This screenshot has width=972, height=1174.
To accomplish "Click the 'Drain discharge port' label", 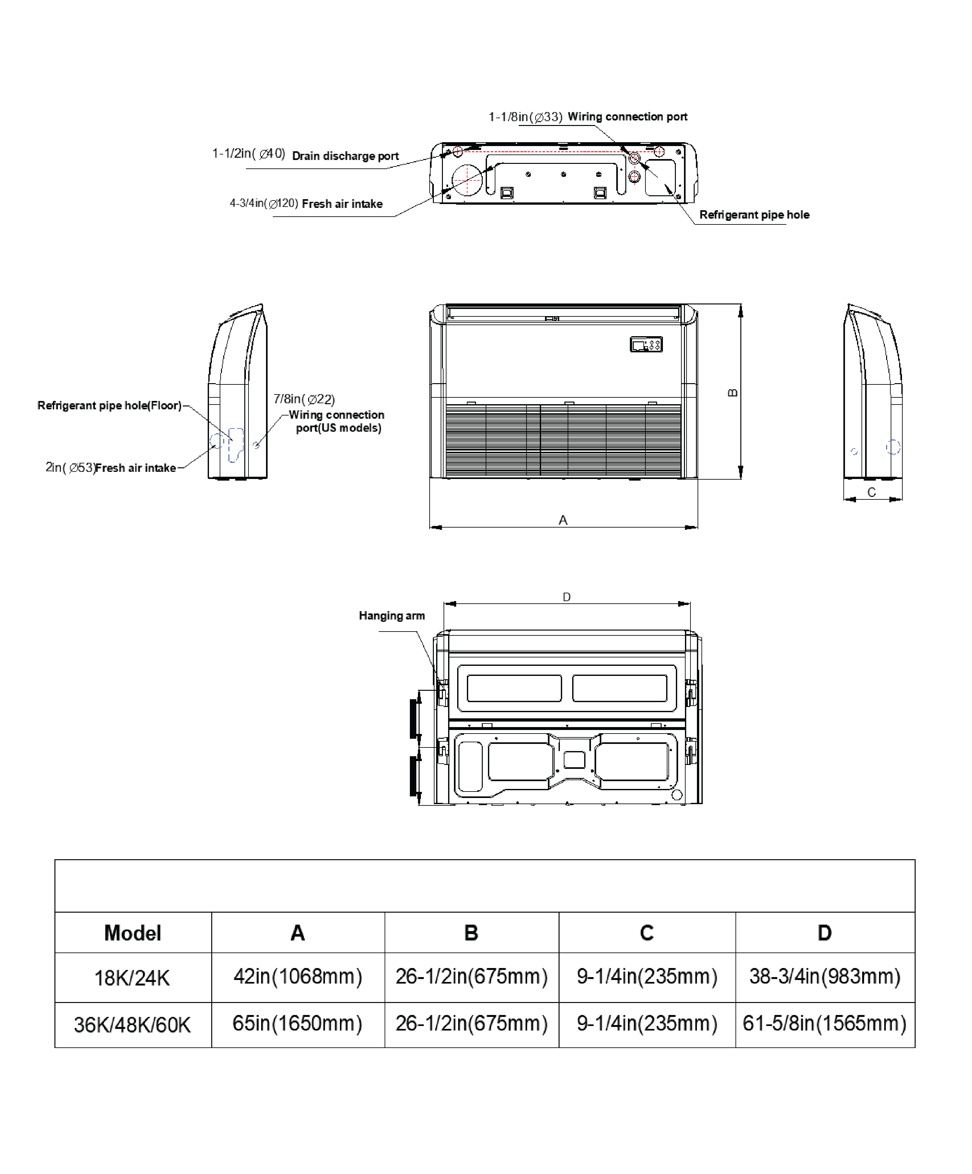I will [345, 156].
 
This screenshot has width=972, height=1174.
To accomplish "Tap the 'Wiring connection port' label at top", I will [627, 117].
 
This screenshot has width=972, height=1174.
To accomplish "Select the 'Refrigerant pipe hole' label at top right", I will [754, 215].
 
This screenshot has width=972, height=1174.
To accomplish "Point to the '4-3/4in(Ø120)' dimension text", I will [264, 203].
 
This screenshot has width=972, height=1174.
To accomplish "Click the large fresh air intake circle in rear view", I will [467, 180].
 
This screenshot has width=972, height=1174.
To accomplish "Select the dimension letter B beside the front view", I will [733, 393].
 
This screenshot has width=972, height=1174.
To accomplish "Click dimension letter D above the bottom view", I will [567, 597].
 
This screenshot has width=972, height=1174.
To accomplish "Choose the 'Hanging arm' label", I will [391, 616].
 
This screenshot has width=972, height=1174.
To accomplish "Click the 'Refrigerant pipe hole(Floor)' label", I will [110, 405].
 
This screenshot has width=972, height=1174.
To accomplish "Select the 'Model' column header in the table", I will [133, 933].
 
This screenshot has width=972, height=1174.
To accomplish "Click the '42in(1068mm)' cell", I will [297, 976].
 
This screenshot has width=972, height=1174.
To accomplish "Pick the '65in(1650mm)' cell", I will [297, 1023].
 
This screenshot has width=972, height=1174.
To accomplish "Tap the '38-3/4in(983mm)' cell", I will [824, 976].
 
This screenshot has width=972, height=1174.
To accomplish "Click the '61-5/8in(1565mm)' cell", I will [824, 1023].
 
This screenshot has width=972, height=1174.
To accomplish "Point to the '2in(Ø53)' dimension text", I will [70, 467].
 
